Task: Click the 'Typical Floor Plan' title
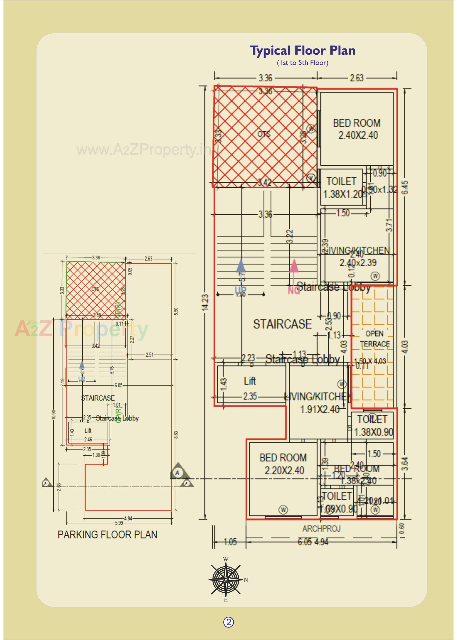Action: coord(302,51)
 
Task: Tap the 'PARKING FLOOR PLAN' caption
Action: coord(107,535)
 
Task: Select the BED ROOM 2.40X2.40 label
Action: coord(357,129)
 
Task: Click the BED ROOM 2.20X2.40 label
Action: coord(283,464)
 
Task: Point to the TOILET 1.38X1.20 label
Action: coord(342,188)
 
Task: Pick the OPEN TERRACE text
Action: coord(375,339)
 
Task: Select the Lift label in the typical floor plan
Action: coord(250,381)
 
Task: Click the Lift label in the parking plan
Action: coord(88,431)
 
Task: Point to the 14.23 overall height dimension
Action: coord(206,302)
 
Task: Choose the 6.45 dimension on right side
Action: coord(406,187)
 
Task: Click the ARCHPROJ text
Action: coord(321,529)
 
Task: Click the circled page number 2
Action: coord(228,622)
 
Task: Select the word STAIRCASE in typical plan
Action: coord(282,324)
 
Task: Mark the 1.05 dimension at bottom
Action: coord(230,542)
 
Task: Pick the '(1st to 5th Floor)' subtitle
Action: coord(302,63)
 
